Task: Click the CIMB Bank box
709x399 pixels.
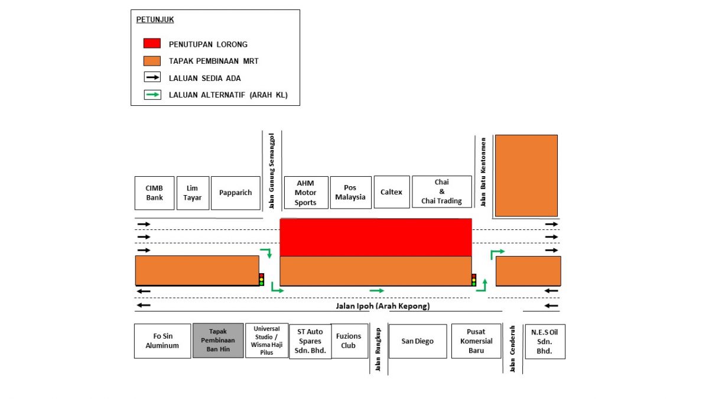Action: pos(155,193)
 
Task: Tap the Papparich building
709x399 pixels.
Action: pos(236,193)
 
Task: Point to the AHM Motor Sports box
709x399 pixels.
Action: pos(305,193)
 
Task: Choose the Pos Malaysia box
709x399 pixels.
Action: pos(350,193)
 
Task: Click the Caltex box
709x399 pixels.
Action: pos(391,192)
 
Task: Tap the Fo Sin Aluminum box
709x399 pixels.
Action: pos(162,341)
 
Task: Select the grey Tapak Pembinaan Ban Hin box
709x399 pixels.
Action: pos(218,340)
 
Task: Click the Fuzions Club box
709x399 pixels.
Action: pos(349,341)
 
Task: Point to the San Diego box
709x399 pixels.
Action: pos(418,341)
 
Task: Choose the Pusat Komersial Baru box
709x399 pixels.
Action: pos(476,341)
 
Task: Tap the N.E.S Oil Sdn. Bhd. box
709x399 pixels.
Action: pos(545,341)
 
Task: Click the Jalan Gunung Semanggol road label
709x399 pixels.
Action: pos(272,171)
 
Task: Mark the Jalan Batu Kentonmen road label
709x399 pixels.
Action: pos(483,171)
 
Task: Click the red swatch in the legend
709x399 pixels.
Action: pos(152,44)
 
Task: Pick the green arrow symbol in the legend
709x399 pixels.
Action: pos(152,95)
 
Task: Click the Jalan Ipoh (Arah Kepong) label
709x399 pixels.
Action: pos(379,306)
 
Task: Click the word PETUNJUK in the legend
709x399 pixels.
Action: pos(155,20)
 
